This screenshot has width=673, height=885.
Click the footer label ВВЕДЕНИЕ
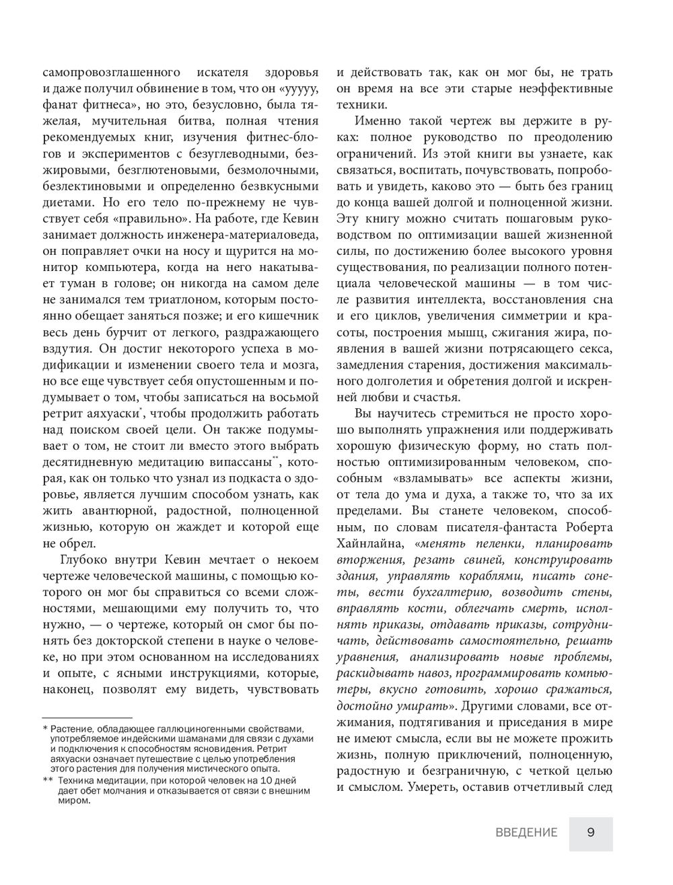click(526, 833)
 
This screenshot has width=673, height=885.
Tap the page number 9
click(590, 833)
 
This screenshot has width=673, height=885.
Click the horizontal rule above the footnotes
click(87, 717)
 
